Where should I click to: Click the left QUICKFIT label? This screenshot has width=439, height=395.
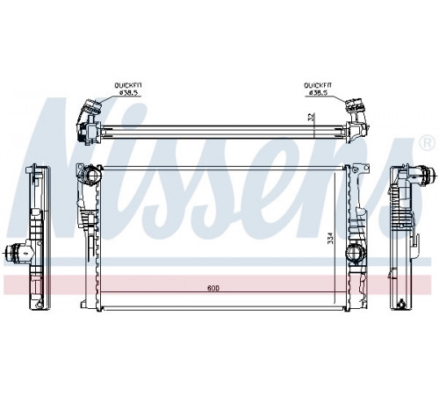(x=128, y=85)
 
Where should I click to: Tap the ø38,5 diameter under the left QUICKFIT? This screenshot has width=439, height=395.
(x=128, y=92)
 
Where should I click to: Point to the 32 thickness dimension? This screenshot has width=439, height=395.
(x=312, y=117)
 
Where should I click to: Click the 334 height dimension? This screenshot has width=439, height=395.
(x=330, y=238)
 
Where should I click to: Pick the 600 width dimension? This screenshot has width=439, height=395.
(x=213, y=288)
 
